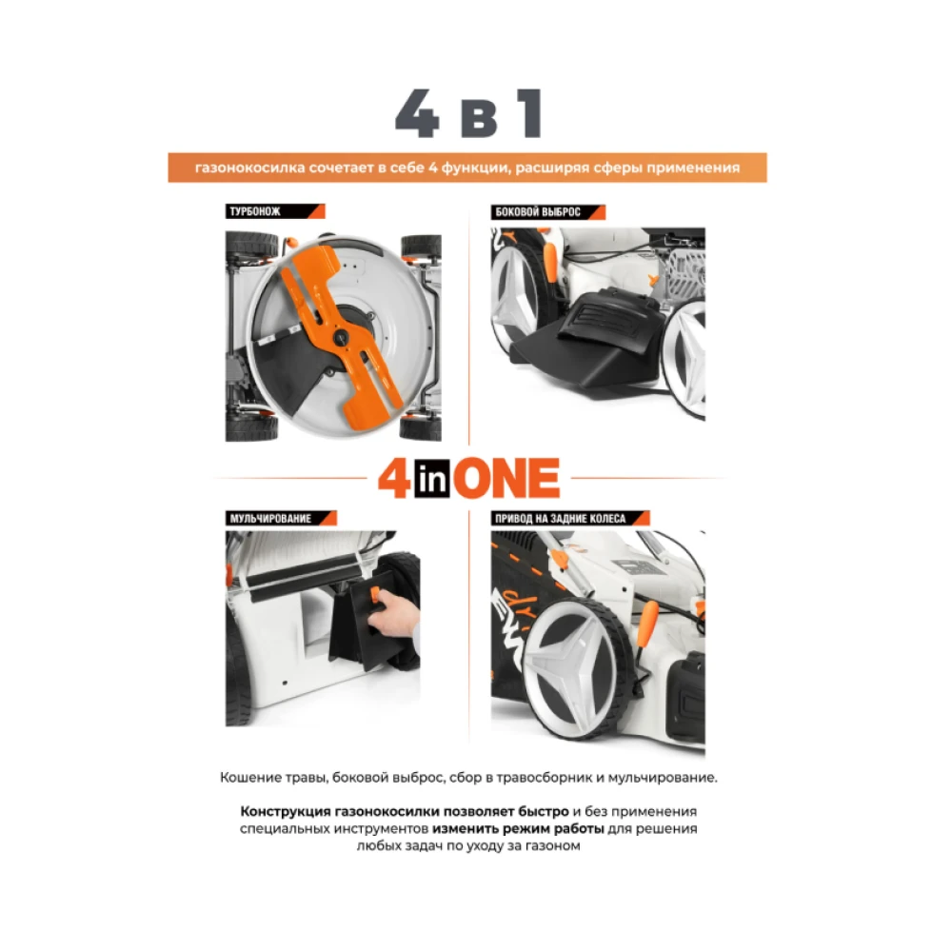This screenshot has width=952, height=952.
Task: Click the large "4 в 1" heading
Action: coord(468,113)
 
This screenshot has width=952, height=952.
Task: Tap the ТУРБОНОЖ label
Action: coord(254,212)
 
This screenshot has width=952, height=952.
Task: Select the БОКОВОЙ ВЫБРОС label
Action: coord(538,212)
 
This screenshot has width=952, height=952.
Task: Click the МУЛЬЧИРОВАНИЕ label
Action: coord(270,519)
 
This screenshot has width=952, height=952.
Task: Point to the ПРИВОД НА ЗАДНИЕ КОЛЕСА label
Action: coord(561,519)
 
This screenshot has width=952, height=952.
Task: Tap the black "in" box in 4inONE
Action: coord(432,479)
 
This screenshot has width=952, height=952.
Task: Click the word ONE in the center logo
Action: coord(506,479)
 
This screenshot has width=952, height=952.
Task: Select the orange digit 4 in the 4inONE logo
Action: coord(395,479)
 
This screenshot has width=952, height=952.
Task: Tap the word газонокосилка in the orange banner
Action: coord(250,169)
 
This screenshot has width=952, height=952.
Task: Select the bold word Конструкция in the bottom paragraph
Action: coord(285,812)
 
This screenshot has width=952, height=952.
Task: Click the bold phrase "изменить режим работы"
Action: coord(518,829)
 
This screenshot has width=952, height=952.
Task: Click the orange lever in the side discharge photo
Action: coord(550,261)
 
